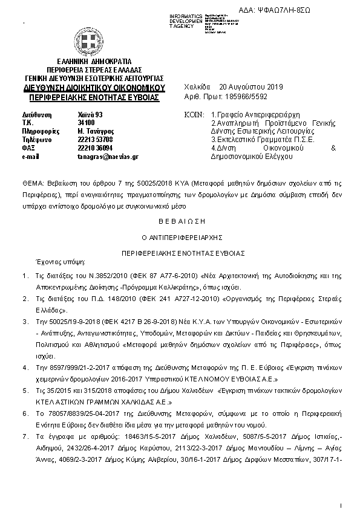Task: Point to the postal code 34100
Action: click(x=86, y=122)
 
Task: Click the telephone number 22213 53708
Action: click(x=95, y=139)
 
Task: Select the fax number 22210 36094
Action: click(x=95, y=148)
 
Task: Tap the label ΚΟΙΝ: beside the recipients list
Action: click(x=193, y=114)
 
